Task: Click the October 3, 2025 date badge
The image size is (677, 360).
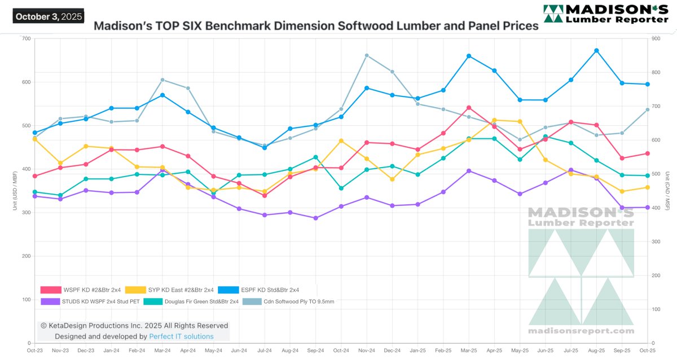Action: (x=48, y=16)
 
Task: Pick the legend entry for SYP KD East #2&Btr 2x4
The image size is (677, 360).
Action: (x=169, y=290)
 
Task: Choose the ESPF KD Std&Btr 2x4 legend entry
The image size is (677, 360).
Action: (x=262, y=290)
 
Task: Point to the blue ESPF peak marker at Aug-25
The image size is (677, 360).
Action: (x=596, y=51)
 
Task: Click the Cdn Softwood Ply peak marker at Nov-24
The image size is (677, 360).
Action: (x=367, y=55)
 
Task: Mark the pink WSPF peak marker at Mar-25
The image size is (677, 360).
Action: (x=469, y=108)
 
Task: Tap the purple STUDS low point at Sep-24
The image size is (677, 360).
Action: (x=315, y=218)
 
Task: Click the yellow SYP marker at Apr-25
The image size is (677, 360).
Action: (x=494, y=120)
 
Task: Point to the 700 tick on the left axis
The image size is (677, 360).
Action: (x=25, y=38)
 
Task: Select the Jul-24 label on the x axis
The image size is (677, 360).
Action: (x=265, y=352)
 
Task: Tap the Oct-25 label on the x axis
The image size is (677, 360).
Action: (x=647, y=352)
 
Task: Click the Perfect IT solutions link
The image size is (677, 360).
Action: (x=181, y=336)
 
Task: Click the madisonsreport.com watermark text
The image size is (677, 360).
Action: (x=581, y=331)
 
